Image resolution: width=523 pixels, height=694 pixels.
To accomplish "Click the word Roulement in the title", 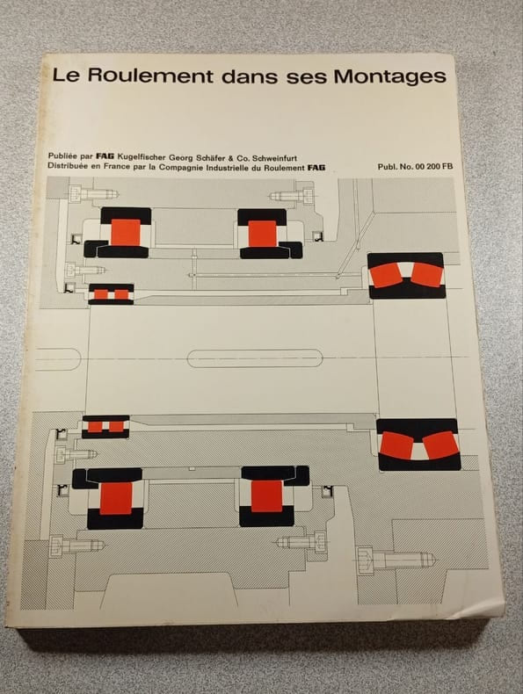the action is point(150,76).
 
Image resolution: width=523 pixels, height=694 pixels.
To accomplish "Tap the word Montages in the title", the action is point(389,77).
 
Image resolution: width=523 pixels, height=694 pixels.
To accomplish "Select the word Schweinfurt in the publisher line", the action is point(275,158).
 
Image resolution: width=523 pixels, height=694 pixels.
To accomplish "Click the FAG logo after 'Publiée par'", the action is point(105,156).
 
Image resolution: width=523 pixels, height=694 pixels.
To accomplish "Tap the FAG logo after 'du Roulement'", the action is point(316,168).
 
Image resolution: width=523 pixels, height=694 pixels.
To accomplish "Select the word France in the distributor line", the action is point(118,167).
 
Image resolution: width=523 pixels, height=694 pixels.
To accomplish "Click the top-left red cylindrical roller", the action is point(126,233).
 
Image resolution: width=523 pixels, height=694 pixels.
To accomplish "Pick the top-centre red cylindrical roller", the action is point(263,234).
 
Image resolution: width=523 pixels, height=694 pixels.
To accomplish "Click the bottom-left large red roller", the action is point(116,498).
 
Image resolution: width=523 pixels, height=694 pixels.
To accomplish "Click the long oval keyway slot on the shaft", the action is point(255,358).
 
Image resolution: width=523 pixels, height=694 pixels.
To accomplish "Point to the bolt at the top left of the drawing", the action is point(93,194).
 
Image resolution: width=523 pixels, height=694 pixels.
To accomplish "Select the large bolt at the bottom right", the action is point(396,560).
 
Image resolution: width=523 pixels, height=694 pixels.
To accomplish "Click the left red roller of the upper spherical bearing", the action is point(385,275).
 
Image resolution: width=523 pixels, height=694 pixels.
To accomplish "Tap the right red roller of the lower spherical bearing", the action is point(440,444).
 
